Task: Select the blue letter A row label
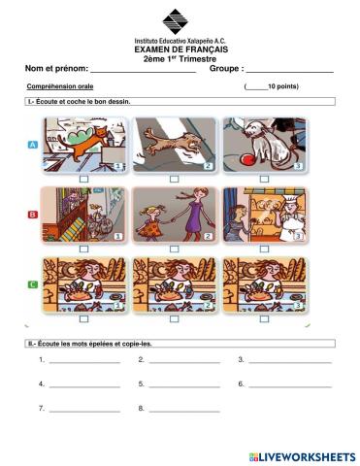click(34, 144)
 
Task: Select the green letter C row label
click(34, 283)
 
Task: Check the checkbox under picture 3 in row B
click(264, 249)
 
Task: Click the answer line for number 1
click(84, 362)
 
